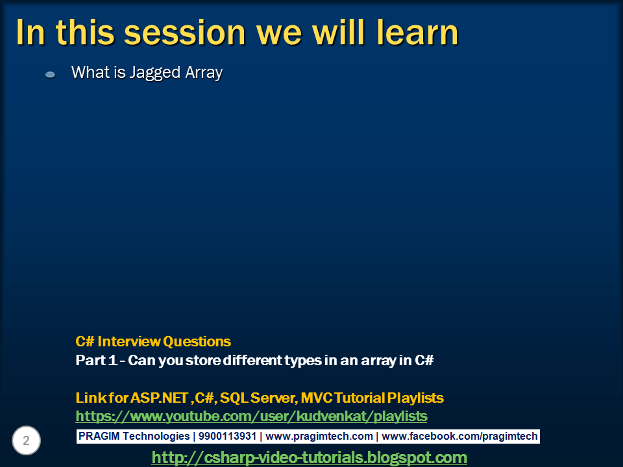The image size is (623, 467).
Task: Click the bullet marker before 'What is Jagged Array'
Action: tap(50, 75)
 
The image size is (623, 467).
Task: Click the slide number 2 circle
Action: tap(27, 441)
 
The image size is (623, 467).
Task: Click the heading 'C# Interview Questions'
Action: tap(153, 341)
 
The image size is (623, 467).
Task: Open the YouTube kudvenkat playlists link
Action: tap(251, 416)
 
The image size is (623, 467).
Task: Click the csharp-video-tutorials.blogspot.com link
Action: tap(309, 457)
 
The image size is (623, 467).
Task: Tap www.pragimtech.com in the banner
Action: tap(319, 436)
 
